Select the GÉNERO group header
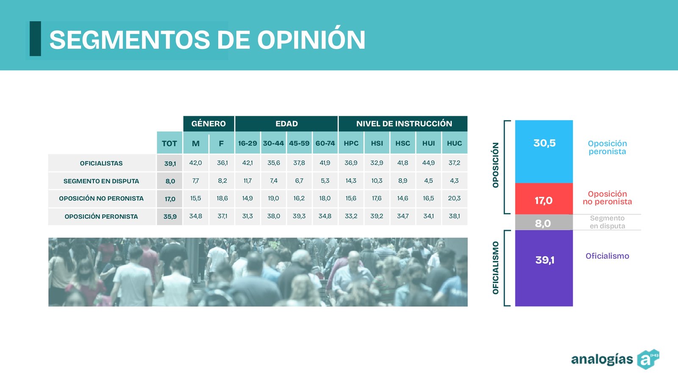208,123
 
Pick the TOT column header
169,143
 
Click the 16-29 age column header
247,143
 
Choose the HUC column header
454,143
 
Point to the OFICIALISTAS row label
101,163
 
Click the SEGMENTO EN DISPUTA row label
101,181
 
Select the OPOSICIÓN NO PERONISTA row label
101,199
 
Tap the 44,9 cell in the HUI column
428,163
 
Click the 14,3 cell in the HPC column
351,180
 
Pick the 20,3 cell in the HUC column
454,198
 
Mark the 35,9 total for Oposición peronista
170,216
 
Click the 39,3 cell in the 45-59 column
299,216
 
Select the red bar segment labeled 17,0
544,199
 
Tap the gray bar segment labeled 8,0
544,222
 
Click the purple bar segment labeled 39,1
544,268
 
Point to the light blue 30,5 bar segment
544,152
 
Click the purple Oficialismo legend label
607,256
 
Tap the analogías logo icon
648,359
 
